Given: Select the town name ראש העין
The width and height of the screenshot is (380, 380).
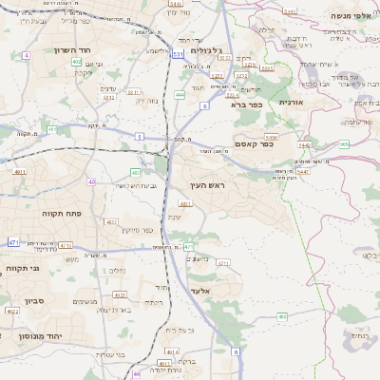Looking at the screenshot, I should tap(202, 190).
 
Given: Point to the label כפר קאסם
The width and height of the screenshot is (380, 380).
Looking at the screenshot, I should tap(255, 144).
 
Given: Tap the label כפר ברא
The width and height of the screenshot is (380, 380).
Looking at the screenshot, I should tap(245, 104).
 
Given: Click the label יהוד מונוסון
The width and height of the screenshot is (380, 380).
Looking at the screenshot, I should tap(40, 335).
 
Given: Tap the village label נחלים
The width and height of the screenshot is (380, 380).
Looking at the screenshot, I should tap(115, 270).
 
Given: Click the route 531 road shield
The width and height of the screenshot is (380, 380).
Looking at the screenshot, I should tap(178, 56).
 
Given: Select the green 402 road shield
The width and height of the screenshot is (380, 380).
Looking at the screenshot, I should tap(76, 61).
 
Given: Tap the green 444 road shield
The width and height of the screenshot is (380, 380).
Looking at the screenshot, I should tap(180, 95).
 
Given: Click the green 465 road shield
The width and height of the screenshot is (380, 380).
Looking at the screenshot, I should tap(282, 316).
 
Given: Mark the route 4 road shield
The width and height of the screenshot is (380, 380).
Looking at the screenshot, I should tap(27, 56).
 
